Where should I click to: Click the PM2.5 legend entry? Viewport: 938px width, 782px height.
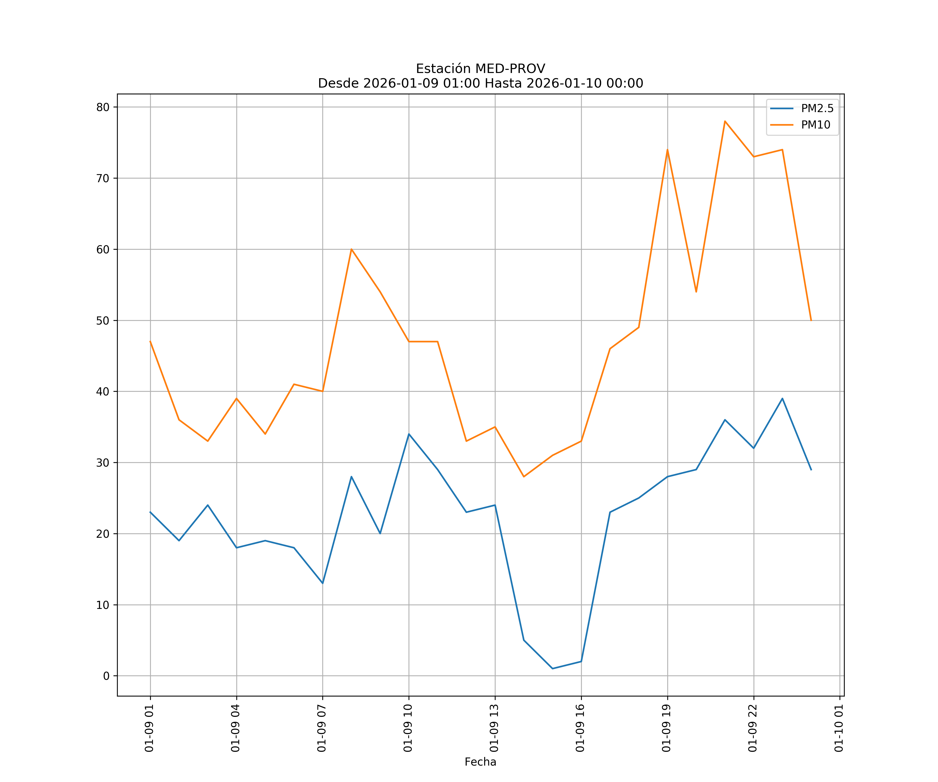(x=817, y=109)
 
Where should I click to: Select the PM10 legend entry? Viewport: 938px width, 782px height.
(x=815, y=125)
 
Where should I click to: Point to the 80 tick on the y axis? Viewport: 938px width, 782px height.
(x=103, y=107)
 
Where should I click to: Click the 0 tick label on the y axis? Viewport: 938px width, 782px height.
(x=106, y=676)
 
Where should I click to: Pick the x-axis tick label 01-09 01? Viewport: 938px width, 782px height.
(x=150, y=728)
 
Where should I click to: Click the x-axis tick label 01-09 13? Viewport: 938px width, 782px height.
(x=495, y=728)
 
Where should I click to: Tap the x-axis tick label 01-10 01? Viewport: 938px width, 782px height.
(x=839, y=728)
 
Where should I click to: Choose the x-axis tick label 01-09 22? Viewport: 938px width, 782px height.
(x=753, y=728)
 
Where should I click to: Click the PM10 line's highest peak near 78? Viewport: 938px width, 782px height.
(x=725, y=121)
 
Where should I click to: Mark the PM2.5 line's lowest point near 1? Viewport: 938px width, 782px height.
(x=553, y=669)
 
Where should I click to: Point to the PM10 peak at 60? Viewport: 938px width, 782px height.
(x=351, y=249)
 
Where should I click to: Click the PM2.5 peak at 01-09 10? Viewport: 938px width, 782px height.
(x=409, y=434)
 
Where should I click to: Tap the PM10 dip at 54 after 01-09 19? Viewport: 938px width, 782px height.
(x=696, y=292)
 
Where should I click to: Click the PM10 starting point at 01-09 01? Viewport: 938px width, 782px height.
(x=150, y=341)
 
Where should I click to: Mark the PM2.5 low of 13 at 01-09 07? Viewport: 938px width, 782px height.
(x=323, y=583)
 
